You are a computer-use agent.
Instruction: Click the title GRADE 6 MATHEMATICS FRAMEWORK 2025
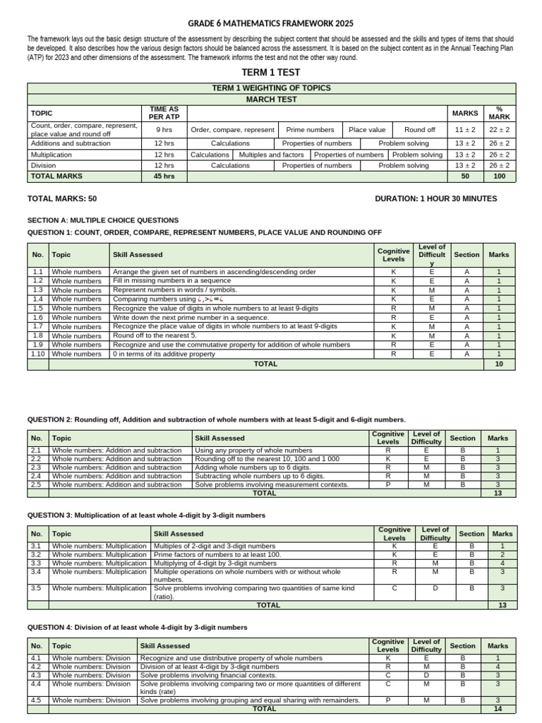(x=271, y=24)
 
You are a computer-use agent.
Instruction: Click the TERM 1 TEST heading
(x=271, y=73)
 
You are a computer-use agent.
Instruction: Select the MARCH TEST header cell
(x=271, y=100)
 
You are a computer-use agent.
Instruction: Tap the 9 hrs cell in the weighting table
(x=164, y=130)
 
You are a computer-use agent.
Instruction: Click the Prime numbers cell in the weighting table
(x=310, y=130)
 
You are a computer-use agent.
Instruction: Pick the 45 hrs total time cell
(x=164, y=177)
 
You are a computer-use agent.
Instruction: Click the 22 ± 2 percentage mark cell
(x=500, y=130)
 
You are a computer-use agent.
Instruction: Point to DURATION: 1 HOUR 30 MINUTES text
(x=436, y=199)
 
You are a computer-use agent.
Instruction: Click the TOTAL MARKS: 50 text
(x=62, y=199)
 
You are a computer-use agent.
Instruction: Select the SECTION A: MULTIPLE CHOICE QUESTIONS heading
(x=103, y=220)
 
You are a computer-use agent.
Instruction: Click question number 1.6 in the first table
(x=37, y=318)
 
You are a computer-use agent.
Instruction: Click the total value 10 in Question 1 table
(x=499, y=364)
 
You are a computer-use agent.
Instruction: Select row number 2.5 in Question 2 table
(x=37, y=485)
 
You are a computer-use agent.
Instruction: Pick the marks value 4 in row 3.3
(x=502, y=563)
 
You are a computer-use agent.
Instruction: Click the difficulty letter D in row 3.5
(x=435, y=587)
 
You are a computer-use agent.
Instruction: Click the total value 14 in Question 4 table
(x=498, y=708)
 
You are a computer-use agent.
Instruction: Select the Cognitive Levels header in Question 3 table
(x=394, y=534)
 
